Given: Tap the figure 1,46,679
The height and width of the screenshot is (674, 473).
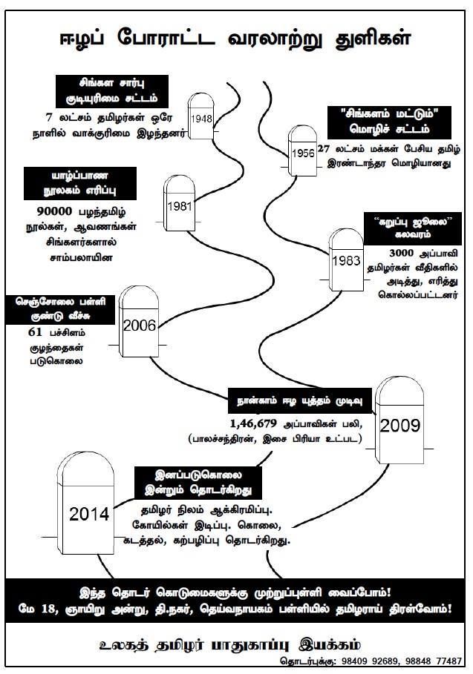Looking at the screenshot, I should coord(252,424).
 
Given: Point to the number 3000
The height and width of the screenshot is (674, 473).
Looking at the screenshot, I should coord(404,252).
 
